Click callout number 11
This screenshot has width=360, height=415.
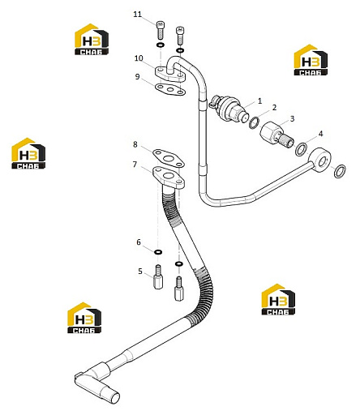click(x=138, y=15)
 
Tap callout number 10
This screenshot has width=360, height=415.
click(x=139, y=58)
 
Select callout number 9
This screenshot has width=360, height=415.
click(x=138, y=77)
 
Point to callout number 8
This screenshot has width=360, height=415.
click(x=135, y=144)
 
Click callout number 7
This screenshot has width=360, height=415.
click(x=135, y=165)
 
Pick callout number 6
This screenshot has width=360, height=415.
click(x=139, y=242)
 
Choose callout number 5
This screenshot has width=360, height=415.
click(x=140, y=271)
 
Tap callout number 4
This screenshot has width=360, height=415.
click(x=320, y=134)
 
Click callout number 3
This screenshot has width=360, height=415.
click(x=292, y=118)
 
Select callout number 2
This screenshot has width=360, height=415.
click(x=275, y=108)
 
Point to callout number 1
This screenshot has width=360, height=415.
click(x=260, y=101)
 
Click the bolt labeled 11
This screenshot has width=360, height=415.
click(x=161, y=30)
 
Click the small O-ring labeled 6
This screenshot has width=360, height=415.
click(x=158, y=252)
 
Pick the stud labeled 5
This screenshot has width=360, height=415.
click(x=158, y=277)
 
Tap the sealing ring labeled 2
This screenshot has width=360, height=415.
click(x=254, y=123)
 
